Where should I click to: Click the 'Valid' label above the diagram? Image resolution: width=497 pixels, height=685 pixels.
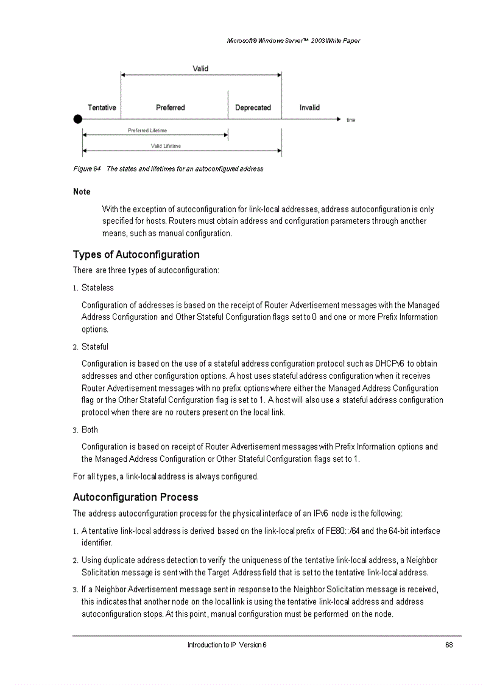click(200, 69)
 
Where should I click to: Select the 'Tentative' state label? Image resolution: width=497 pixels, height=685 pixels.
click(102, 107)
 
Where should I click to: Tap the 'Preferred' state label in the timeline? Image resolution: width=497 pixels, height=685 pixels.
click(170, 107)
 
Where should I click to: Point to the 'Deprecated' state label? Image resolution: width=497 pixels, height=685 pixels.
click(253, 107)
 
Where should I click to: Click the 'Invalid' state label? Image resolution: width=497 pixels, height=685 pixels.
click(309, 107)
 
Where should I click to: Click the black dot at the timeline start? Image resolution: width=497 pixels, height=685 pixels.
click(77, 120)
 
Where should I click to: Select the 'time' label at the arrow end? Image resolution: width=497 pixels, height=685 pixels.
click(351, 120)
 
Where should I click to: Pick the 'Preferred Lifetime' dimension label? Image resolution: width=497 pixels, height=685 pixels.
click(147, 131)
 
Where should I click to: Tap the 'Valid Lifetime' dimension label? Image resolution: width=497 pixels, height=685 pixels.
click(166, 146)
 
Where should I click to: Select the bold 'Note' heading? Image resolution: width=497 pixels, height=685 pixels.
click(82, 192)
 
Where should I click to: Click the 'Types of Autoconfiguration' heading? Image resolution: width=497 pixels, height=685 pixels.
click(136, 254)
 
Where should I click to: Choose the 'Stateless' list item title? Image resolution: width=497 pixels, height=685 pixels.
click(97, 287)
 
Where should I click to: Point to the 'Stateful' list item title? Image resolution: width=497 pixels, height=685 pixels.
click(95, 346)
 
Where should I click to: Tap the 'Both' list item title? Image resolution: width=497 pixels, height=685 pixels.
click(90, 429)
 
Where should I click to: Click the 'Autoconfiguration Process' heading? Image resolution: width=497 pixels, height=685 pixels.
click(135, 497)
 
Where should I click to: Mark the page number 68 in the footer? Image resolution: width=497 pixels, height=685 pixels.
click(449, 645)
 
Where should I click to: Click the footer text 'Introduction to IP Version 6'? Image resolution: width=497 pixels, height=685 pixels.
click(227, 645)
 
